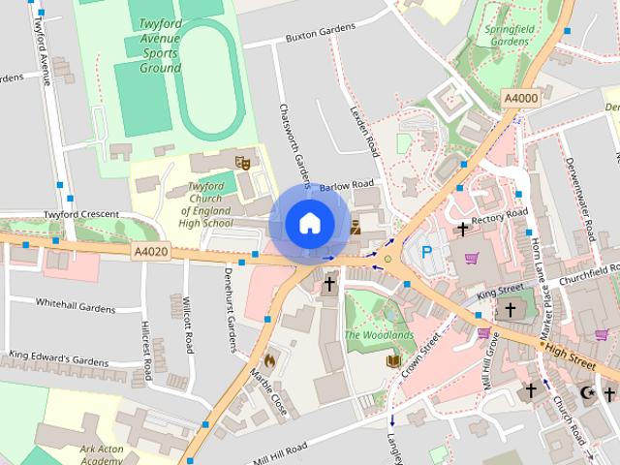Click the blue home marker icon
coord(309,223)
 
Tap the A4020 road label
coord(150,251)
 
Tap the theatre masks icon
coord(242,163)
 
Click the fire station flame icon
coord(269,359)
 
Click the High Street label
coord(569,356)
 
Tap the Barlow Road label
coord(346,184)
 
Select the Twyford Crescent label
coord(80,214)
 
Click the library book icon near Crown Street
coord(393,361)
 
